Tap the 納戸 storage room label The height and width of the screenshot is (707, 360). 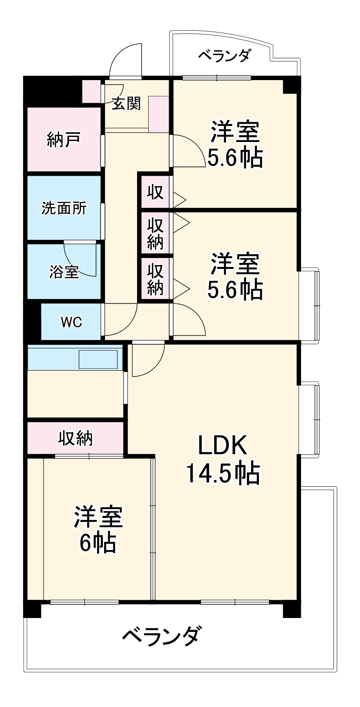coord(64,140)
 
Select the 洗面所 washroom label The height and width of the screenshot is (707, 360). coord(64,208)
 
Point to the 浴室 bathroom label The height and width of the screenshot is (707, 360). coord(64,272)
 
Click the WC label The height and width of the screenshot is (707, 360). coord(71,322)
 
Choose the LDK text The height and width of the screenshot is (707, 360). coord(222,445)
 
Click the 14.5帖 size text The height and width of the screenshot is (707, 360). coord(223,473)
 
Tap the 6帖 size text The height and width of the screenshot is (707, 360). coord(97,542)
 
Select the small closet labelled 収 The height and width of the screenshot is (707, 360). coord(155,192)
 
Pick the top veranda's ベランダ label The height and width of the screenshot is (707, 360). coord(225,56)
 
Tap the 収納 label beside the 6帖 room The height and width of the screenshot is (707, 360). coord(76,438)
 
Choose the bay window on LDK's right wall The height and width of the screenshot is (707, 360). coord(309,420)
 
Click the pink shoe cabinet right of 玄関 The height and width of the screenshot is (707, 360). coord(159,115)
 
